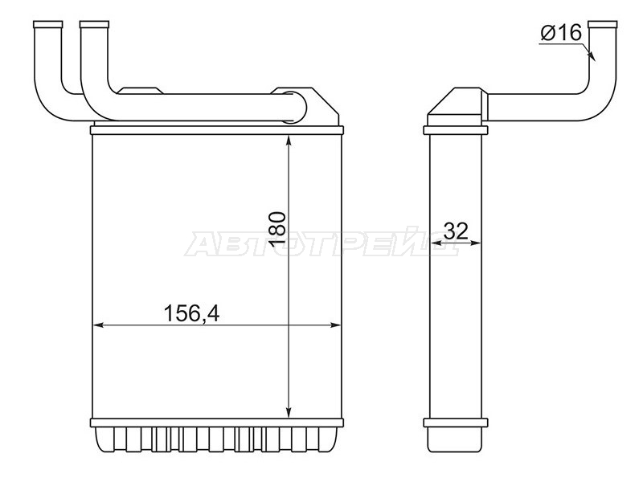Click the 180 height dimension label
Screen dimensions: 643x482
(x=278, y=229)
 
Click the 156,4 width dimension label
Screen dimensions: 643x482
(x=191, y=314)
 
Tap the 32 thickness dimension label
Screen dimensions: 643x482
(x=456, y=231)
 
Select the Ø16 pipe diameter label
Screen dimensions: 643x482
(x=561, y=32)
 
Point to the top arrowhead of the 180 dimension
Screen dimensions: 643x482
(x=289, y=140)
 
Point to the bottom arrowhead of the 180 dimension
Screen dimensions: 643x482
(x=289, y=412)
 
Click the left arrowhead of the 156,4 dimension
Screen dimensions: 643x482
(x=99, y=325)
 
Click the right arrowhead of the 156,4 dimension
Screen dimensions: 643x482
(x=335, y=325)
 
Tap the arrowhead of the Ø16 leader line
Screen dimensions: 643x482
(x=592, y=55)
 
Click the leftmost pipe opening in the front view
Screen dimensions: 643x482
(x=48, y=24)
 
